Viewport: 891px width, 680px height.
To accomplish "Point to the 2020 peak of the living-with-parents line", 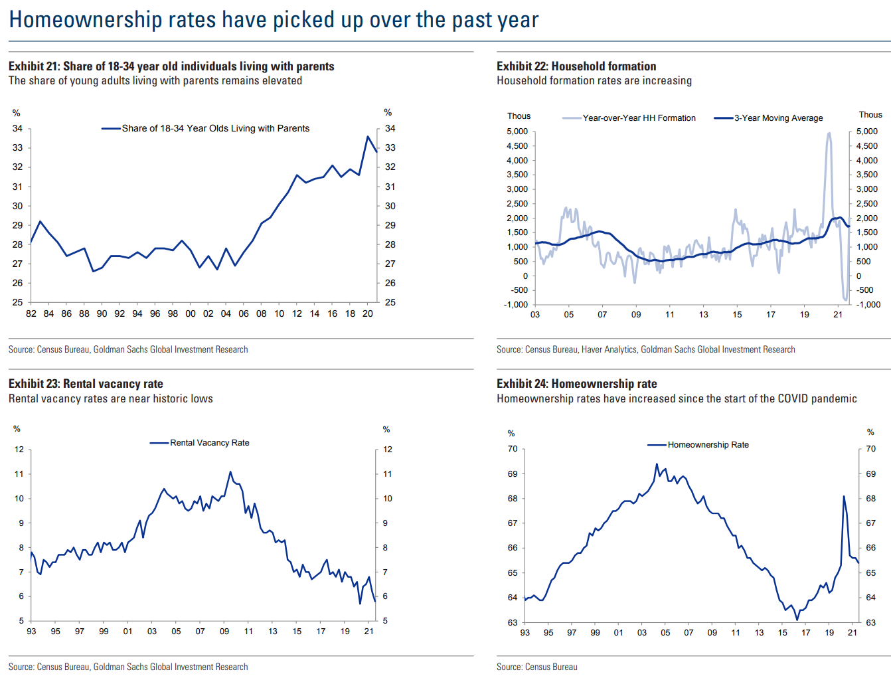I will [368, 137].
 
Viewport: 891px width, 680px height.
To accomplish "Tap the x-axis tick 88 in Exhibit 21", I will [84, 313].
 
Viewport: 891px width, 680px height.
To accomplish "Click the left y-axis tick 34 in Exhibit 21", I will [17, 128].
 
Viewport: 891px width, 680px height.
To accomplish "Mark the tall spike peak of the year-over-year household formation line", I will [829, 133].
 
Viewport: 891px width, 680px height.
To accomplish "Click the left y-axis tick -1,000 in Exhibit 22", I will [517, 305].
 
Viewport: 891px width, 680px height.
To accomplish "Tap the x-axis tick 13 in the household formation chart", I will [703, 315].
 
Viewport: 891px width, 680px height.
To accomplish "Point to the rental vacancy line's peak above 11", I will [230, 472].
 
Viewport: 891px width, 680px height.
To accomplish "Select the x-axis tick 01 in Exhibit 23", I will [127, 632].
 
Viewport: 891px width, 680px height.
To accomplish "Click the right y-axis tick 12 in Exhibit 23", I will [388, 450].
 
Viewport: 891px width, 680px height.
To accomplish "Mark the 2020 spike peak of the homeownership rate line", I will [844, 497].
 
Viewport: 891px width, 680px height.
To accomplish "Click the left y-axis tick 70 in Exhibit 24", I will [513, 449].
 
